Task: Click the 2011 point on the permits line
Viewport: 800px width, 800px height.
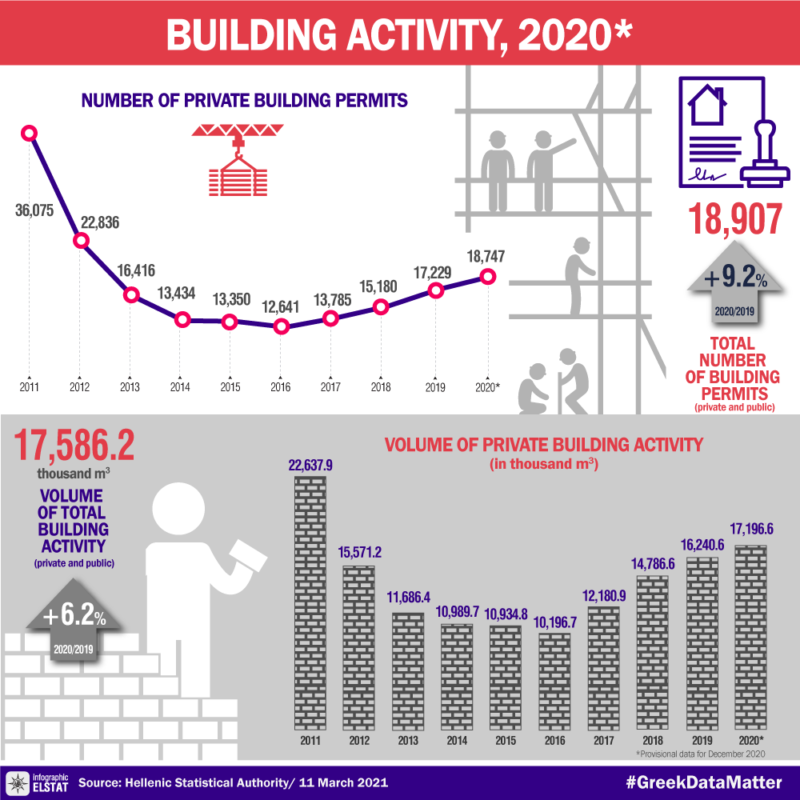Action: point(30,133)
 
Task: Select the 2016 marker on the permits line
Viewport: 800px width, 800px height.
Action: point(280,326)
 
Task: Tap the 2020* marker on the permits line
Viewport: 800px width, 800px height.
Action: point(487,277)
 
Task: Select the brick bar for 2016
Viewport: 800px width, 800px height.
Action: point(554,680)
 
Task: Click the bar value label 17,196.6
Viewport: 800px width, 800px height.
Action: point(751,529)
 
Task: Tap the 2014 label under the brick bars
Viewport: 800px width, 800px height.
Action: point(457,741)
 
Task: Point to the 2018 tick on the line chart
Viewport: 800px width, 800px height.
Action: point(380,387)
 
